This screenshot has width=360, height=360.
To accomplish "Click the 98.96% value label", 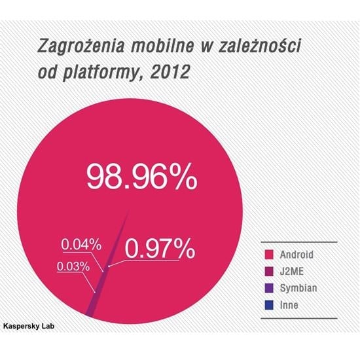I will coord(141,177).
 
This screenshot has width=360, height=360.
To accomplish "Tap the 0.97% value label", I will coord(159,249).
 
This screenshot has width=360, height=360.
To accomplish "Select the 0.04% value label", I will coord(81,245).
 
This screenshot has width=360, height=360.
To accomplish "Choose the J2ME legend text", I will coord(291,271).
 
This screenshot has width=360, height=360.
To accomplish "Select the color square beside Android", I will coord(268,254).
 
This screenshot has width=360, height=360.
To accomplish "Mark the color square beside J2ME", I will coord(268,271).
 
